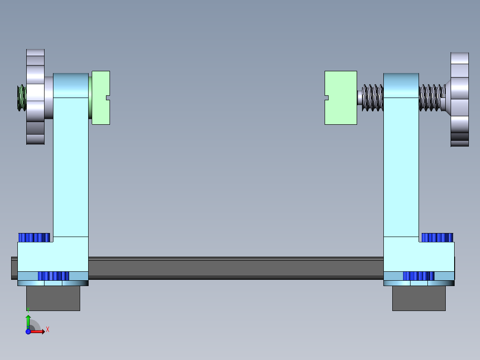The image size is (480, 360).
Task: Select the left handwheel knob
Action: [35, 97]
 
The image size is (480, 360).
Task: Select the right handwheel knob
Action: [460, 99]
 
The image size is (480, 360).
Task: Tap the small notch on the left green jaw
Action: [108, 98]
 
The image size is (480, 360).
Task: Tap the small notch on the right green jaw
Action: [326, 98]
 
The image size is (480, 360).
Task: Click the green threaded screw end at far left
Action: [21, 98]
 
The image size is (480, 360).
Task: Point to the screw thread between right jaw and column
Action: [372, 97]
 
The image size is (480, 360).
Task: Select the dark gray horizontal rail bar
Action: [236, 268]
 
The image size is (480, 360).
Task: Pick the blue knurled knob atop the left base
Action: [34, 237]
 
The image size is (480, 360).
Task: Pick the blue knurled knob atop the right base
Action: [437, 237]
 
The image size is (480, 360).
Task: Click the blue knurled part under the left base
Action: [53, 276]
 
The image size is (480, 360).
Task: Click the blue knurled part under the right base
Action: [419, 276]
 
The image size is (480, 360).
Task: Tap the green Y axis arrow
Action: [28, 320]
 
